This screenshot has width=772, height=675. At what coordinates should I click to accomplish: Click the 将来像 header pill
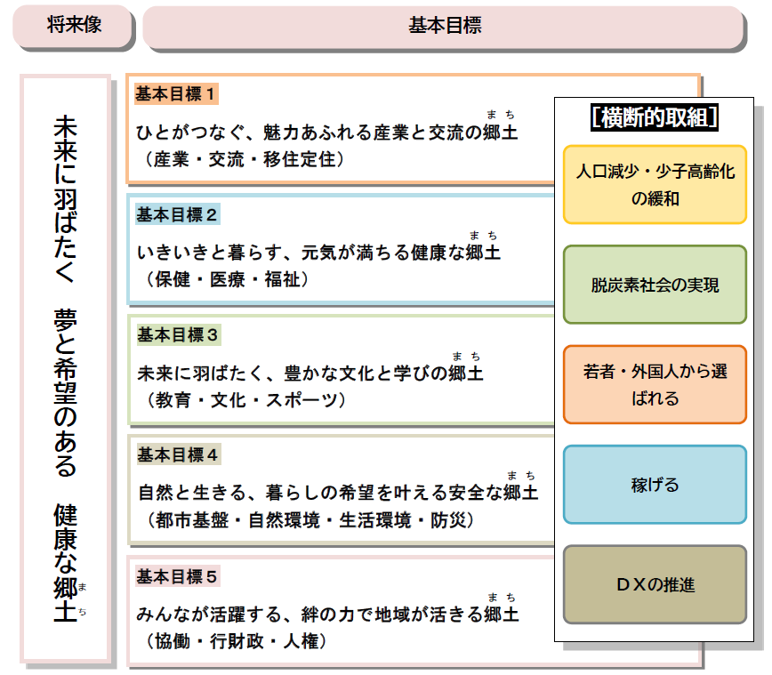point(74,26)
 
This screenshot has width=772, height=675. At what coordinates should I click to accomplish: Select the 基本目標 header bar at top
point(444,26)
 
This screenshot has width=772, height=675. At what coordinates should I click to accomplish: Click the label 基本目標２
point(177,214)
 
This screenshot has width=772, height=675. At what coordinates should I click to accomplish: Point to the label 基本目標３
point(177,334)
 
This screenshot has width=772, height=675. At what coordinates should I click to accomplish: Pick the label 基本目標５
point(177,576)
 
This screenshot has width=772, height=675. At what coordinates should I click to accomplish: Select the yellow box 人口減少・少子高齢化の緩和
point(655,185)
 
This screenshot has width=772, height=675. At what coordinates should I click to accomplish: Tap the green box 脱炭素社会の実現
point(655,285)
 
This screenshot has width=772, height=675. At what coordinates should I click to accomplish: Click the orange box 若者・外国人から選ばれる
point(655,384)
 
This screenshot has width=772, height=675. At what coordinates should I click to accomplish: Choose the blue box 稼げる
point(655,485)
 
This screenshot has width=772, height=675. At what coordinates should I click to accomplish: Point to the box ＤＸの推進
point(655,584)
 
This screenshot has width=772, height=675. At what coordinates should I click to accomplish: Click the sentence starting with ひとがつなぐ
point(326,133)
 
